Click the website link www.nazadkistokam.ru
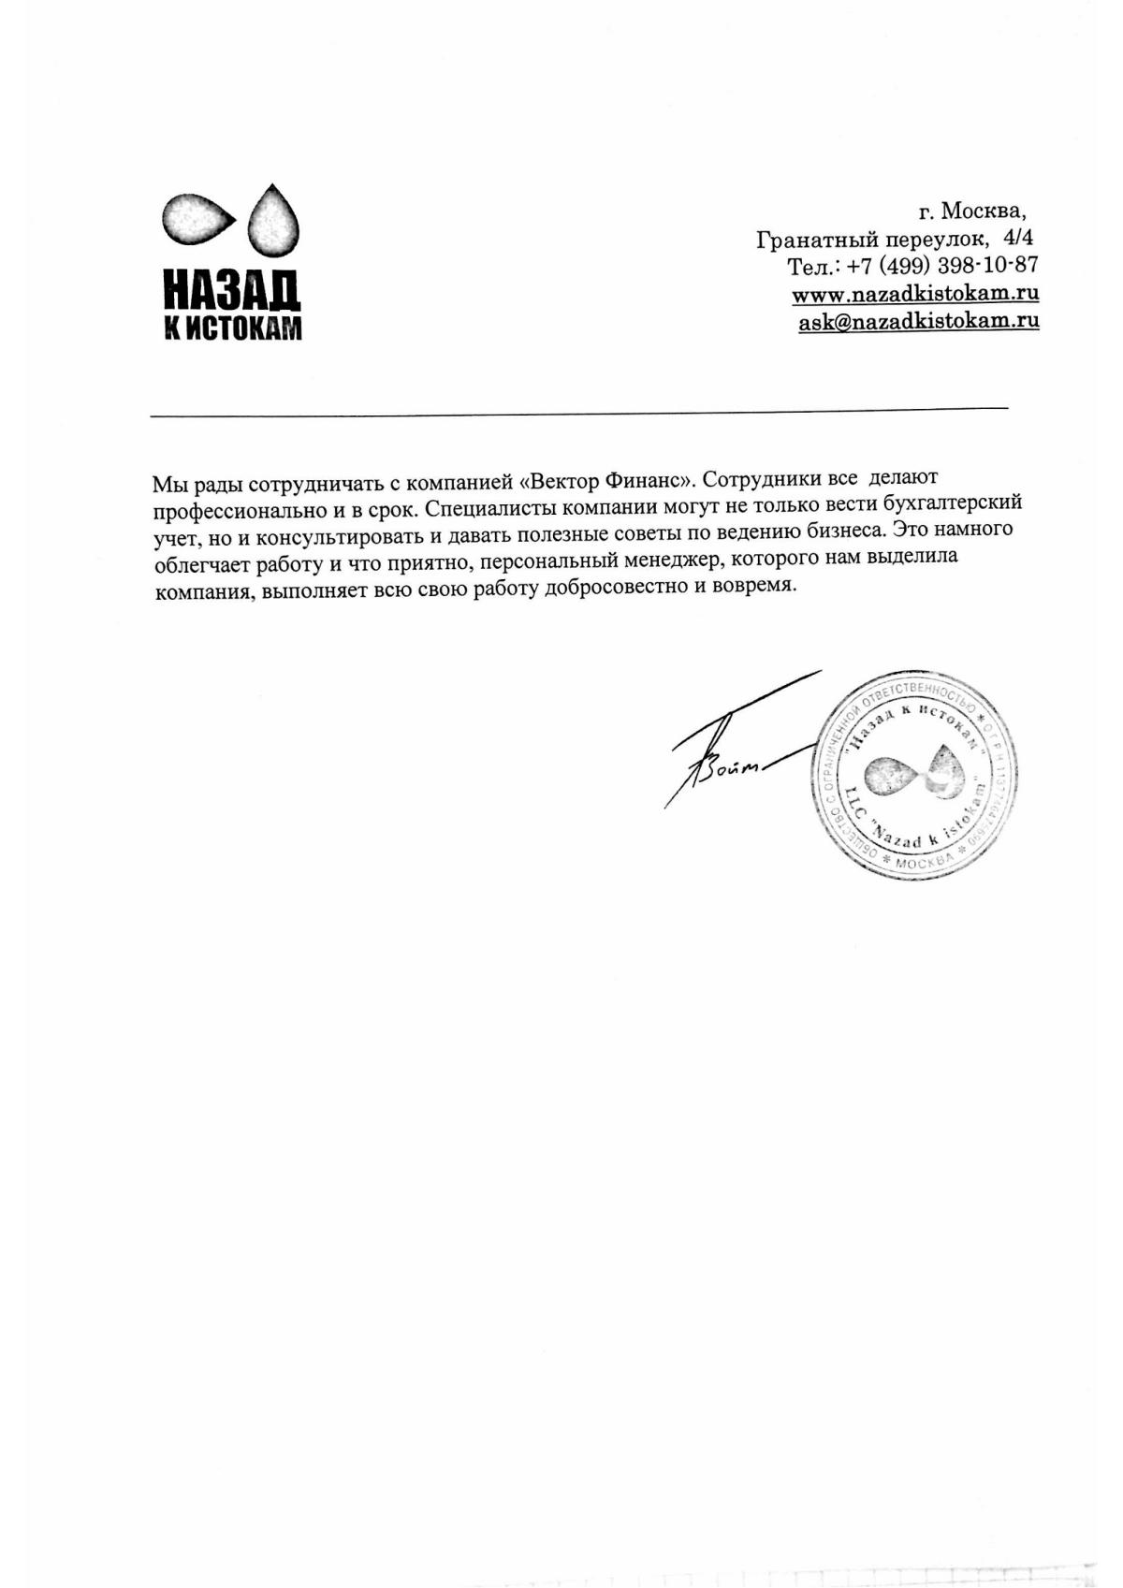click(x=915, y=293)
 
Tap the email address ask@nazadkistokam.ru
click(x=918, y=321)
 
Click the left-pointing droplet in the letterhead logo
click(x=198, y=219)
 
